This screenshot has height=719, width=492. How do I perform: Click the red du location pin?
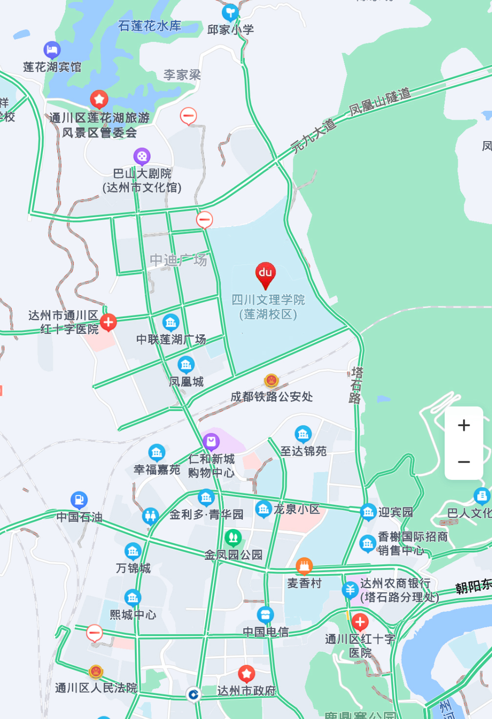[x=265, y=273]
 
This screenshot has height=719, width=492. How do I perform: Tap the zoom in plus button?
[x=464, y=425]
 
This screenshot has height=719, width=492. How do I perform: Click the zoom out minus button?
[x=464, y=462]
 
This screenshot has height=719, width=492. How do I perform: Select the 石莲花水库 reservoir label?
[x=150, y=26]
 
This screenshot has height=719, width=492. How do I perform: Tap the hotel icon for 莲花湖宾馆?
[x=52, y=49]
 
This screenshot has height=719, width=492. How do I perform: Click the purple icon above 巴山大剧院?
[x=142, y=156]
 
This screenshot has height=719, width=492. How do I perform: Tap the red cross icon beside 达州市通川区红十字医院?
[x=108, y=322]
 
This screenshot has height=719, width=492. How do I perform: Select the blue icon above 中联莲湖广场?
[x=171, y=322]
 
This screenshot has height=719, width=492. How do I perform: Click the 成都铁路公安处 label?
[x=272, y=397]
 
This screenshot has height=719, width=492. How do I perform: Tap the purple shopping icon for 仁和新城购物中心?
[x=211, y=442]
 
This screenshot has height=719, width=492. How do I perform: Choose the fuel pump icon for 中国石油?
[x=79, y=500]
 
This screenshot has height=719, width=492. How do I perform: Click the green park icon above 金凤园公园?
[x=233, y=538]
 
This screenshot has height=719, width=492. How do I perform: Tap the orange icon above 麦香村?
[x=304, y=566]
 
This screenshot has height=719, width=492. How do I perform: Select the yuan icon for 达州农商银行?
[x=350, y=590]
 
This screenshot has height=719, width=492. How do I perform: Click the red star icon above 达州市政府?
[x=246, y=674]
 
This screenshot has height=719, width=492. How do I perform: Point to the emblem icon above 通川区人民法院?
[x=96, y=672]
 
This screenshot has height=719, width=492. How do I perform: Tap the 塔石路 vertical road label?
[x=356, y=385]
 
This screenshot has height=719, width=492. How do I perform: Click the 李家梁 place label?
[x=182, y=75]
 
